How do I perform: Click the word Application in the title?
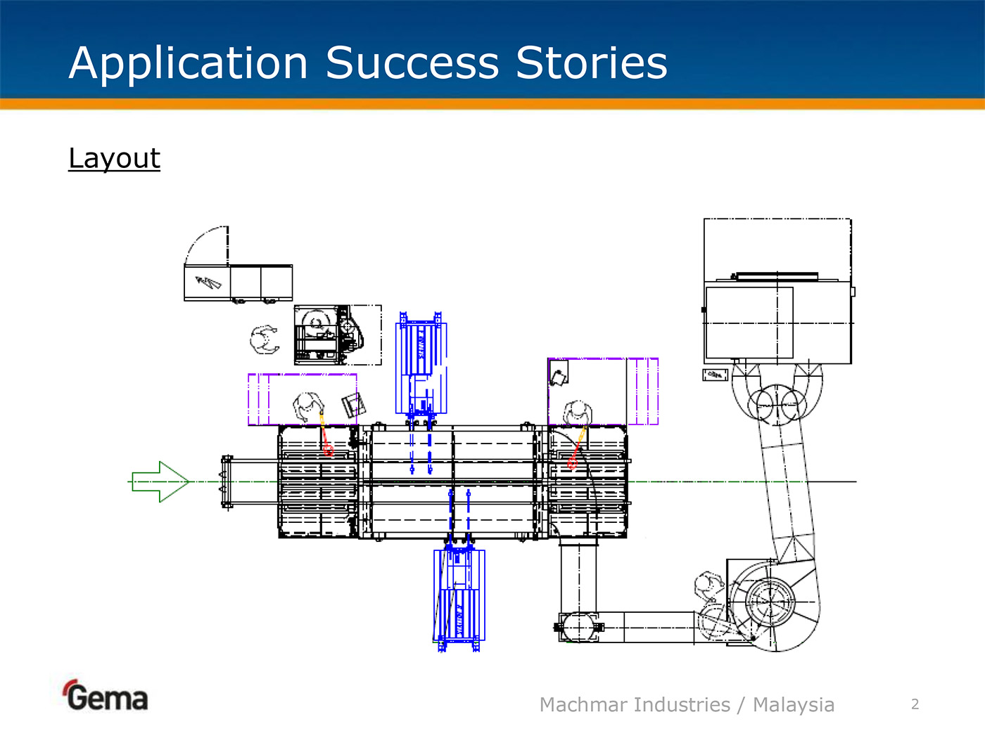tap(189, 63)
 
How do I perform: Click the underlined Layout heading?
tap(115, 158)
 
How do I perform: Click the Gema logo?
tap(106, 697)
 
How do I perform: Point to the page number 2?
tap(915, 704)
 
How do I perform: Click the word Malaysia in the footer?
tap(794, 704)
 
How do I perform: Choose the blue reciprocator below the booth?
tap(459, 594)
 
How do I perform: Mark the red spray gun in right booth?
tap(573, 462)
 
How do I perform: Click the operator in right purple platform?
tap(577, 413)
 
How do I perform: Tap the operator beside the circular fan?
tap(708, 585)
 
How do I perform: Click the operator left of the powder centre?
tap(265, 339)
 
